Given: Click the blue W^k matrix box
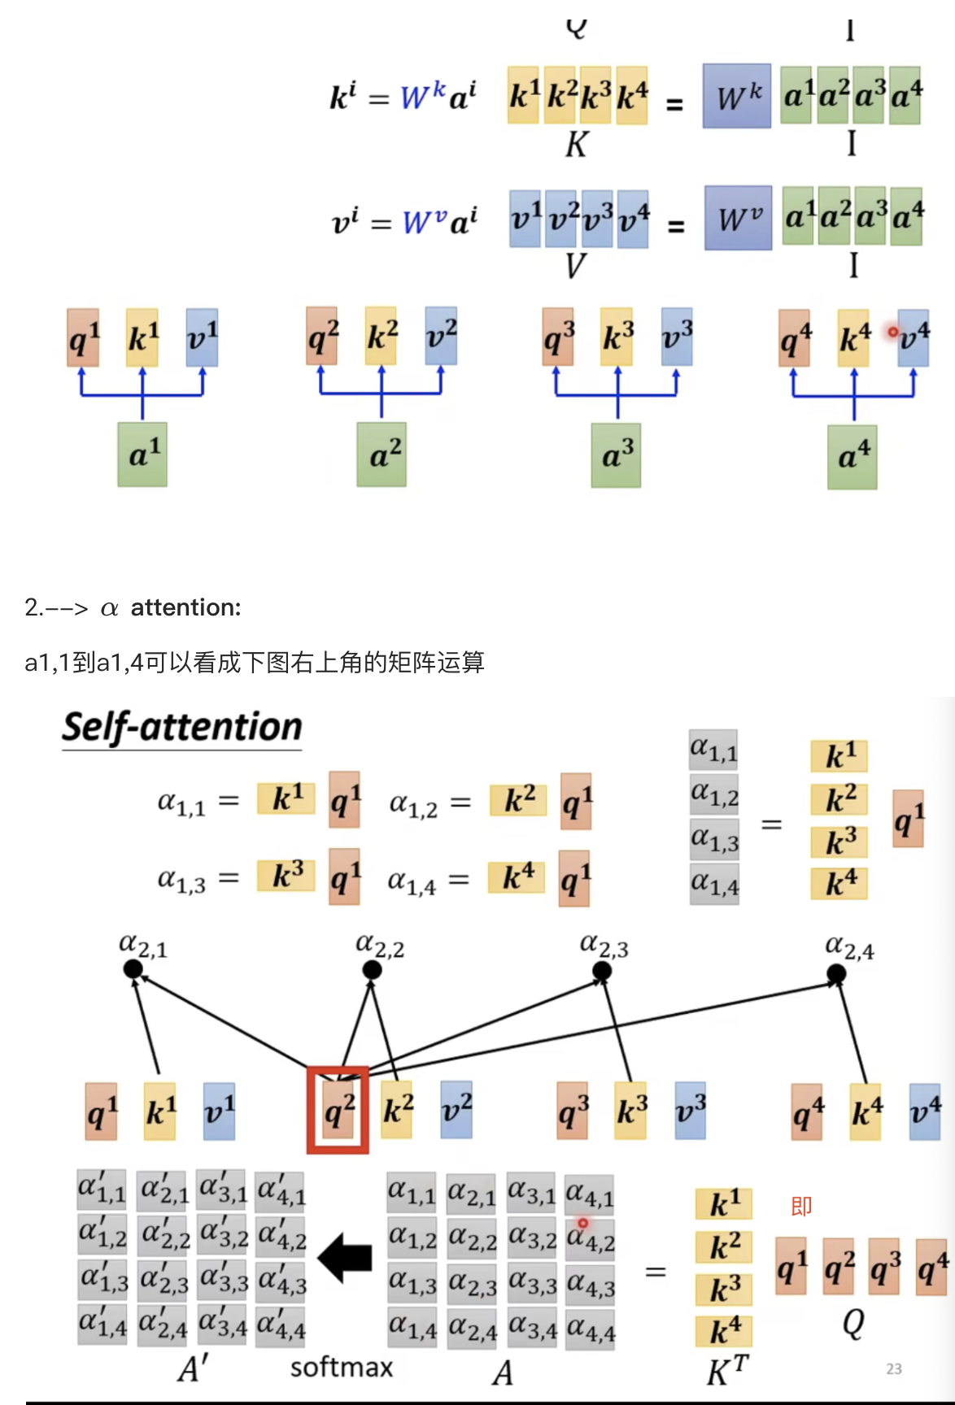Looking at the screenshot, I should click(737, 97).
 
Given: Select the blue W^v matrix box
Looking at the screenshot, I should click(738, 218).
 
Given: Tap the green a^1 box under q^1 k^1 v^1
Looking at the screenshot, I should click(142, 455).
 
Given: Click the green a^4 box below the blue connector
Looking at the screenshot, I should click(853, 457).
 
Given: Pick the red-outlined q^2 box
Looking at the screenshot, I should click(338, 1111).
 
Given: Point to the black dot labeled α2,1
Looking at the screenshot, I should click(133, 969).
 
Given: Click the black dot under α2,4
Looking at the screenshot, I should click(836, 973).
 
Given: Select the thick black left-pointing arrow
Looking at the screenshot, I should click(345, 1258).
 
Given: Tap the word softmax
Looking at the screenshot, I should click(341, 1368).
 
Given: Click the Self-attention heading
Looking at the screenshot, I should click(182, 727).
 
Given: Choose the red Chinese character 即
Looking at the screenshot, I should click(801, 1206).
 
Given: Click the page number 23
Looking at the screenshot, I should click(894, 1369).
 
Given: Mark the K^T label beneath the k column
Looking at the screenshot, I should click(726, 1372).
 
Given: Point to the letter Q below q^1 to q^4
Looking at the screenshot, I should click(853, 1325).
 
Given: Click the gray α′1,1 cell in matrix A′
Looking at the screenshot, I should click(102, 1191).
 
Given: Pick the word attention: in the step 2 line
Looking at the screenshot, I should click(185, 607).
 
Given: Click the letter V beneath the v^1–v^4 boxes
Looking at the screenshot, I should click(575, 266).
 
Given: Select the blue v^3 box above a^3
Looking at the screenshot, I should click(677, 336).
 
